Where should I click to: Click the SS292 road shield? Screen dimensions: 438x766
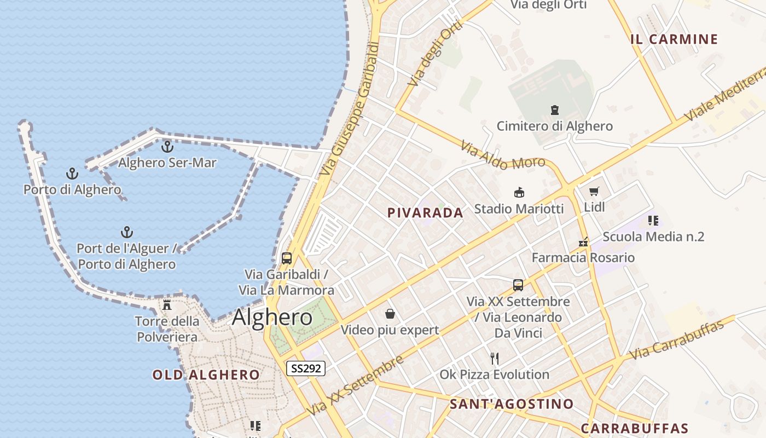click(x=306, y=368)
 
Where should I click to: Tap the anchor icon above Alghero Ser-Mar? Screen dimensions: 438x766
click(x=167, y=147)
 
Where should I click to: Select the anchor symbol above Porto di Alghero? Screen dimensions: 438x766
click(x=72, y=174)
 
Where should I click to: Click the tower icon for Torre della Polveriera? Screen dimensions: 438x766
click(x=167, y=304)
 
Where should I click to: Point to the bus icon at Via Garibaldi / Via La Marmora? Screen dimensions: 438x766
click(x=287, y=258)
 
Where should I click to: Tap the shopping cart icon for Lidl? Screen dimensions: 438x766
click(x=594, y=192)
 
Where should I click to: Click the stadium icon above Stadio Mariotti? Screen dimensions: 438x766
click(x=519, y=192)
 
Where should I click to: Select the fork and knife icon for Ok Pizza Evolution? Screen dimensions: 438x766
click(x=495, y=359)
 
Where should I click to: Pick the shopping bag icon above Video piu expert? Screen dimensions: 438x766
click(x=390, y=314)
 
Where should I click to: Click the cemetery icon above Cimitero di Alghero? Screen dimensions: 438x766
click(x=555, y=110)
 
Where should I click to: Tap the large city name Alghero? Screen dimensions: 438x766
click(x=272, y=318)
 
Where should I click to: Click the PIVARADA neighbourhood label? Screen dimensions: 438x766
click(x=425, y=213)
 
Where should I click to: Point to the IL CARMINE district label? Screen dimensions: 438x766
click(x=674, y=39)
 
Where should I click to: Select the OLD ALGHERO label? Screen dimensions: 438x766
click(x=206, y=375)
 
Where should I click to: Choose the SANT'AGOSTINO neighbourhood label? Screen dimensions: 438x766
click(x=512, y=405)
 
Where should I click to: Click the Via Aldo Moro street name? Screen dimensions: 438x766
click(x=502, y=156)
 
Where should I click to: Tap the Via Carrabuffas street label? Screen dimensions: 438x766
click(x=676, y=340)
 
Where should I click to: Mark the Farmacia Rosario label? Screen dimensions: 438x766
click(x=583, y=257)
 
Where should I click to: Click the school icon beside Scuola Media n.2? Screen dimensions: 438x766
click(x=653, y=221)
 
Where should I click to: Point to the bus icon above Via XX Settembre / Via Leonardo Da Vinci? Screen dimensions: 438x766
click(x=518, y=285)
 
